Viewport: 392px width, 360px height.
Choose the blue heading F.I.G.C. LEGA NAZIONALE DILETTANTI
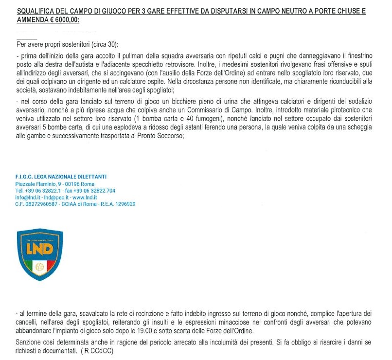click(61, 176)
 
